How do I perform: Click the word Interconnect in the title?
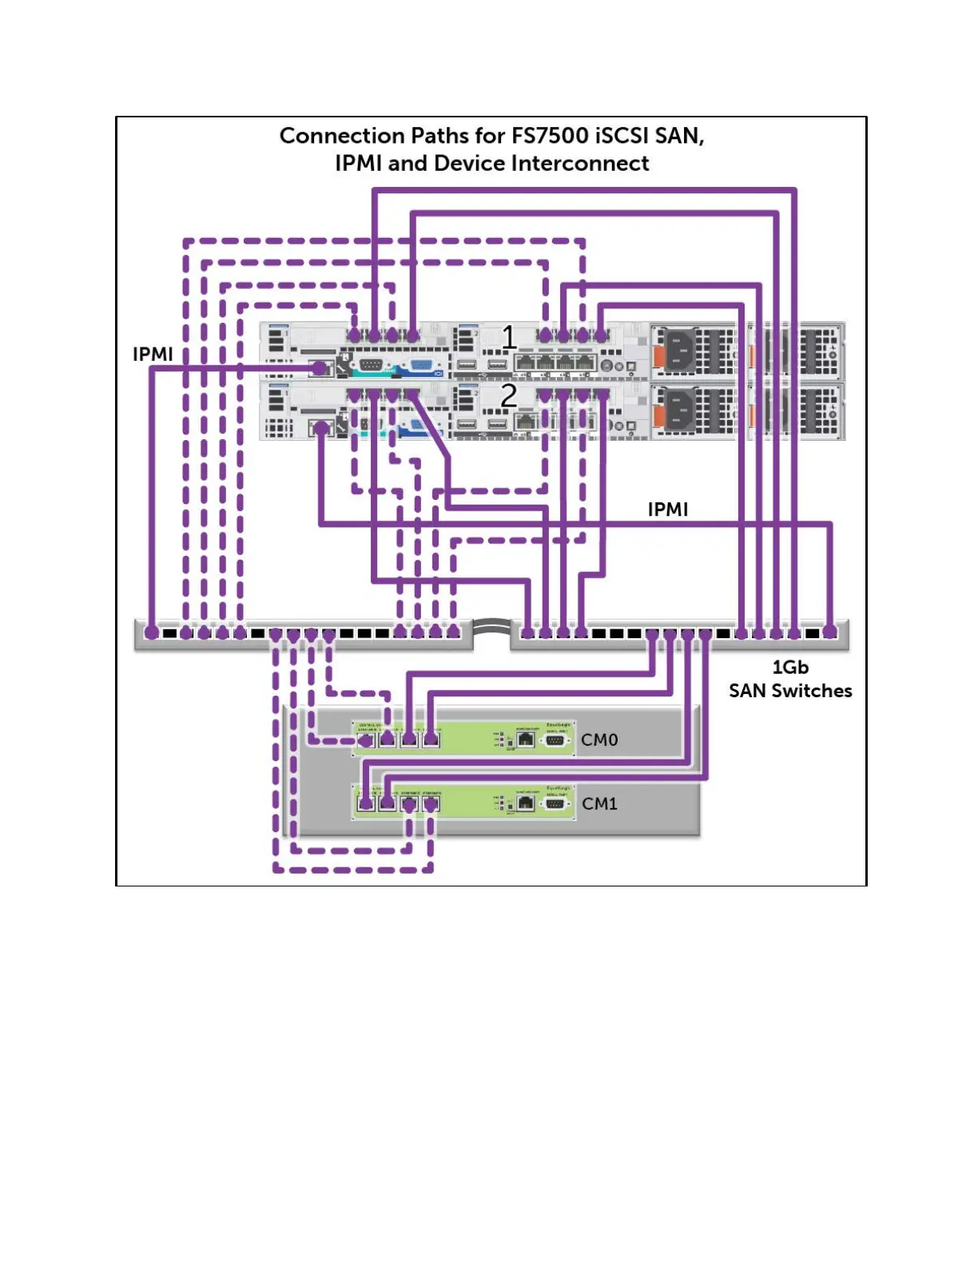pyautogui.click(x=580, y=164)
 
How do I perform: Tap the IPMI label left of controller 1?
pyautogui.click(x=153, y=354)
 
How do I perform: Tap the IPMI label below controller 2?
pyautogui.click(x=667, y=510)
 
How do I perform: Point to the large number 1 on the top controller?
pyautogui.click(x=509, y=338)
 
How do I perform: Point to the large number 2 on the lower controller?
pyautogui.click(x=509, y=395)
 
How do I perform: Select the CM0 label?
pyautogui.click(x=599, y=740)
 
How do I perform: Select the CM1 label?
pyautogui.click(x=599, y=804)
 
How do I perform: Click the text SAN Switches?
pyautogui.click(x=789, y=691)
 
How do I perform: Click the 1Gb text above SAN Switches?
pyautogui.click(x=789, y=668)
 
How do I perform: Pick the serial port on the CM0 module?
pyautogui.click(x=555, y=740)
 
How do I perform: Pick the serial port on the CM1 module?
pyautogui.click(x=555, y=803)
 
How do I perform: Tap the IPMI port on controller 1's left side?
pyautogui.click(x=320, y=367)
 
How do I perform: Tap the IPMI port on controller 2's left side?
pyautogui.click(x=320, y=428)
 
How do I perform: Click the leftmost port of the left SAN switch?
pyautogui.click(x=151, y=633)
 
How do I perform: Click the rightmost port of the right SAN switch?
pyautogui.click(x=830, y=632)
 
